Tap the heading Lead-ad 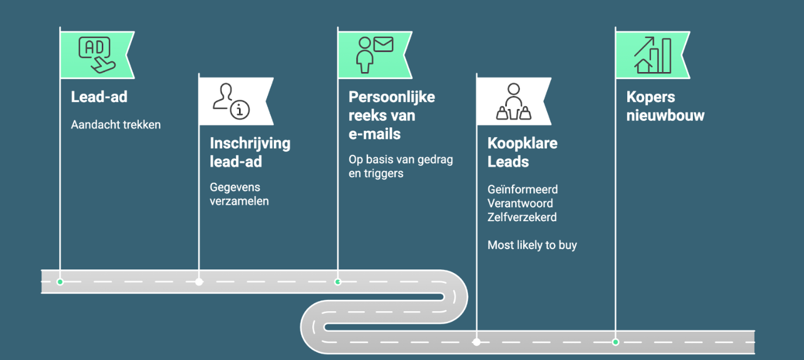(99, 97)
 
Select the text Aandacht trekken (115, 125)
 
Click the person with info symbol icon (231, 101)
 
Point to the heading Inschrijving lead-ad (250, 152)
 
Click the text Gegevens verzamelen (239, 194)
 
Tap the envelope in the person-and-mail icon (383, 44)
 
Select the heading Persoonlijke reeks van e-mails (391, 115)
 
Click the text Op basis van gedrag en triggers (401, 166)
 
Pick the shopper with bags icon (513, 101)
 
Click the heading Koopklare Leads (522, 152)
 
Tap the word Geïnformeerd (523, 189)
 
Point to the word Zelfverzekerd (522, 217)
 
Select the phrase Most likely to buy (532, 245)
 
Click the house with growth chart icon (653, 55)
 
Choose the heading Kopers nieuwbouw (665, 106)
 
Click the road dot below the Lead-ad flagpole (60, 282)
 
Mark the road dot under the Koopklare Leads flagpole (477, 342)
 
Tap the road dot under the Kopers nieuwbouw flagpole (615, 342)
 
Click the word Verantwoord (520, 203)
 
